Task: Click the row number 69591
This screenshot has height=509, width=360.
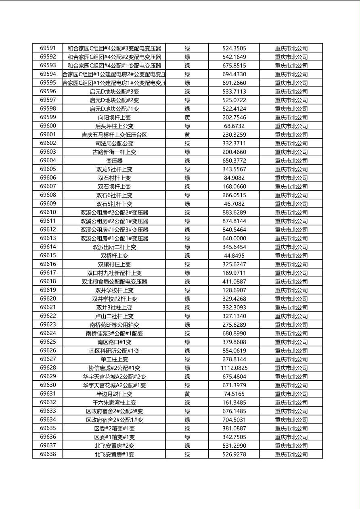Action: tap(48, 48)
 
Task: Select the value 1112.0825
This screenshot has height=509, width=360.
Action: tap(234, 368)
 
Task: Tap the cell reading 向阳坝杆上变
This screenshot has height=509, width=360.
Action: tap(114, 117)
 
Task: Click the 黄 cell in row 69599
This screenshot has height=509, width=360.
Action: tap(187, 117)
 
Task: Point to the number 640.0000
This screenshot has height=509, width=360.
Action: tap(234, 238)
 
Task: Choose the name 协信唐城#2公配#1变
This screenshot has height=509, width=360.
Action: tap(114, 368)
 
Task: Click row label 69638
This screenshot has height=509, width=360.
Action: tap(48, 454)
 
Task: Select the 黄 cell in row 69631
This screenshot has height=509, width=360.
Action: tap(187, 394)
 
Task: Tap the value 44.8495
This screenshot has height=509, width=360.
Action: tap(234, 256)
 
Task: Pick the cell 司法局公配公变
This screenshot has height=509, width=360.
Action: tap(114, 143)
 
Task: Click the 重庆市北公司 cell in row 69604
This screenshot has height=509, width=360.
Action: tap(291, 161)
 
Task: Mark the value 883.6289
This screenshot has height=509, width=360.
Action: tap(234, 213)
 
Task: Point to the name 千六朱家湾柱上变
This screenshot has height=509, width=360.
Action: tap(114, 403)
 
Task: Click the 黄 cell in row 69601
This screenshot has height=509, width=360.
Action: tap(187, 135)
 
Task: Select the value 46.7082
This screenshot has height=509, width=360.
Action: tap(234, 204)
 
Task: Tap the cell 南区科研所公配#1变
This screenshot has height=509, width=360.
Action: tap(114, 350)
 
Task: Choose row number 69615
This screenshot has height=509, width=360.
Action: tap(48, 256)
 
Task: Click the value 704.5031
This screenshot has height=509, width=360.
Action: tap(234, 420)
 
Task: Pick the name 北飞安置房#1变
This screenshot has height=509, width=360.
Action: tap(114, 454)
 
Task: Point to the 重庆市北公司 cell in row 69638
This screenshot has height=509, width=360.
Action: tap(291, 454)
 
